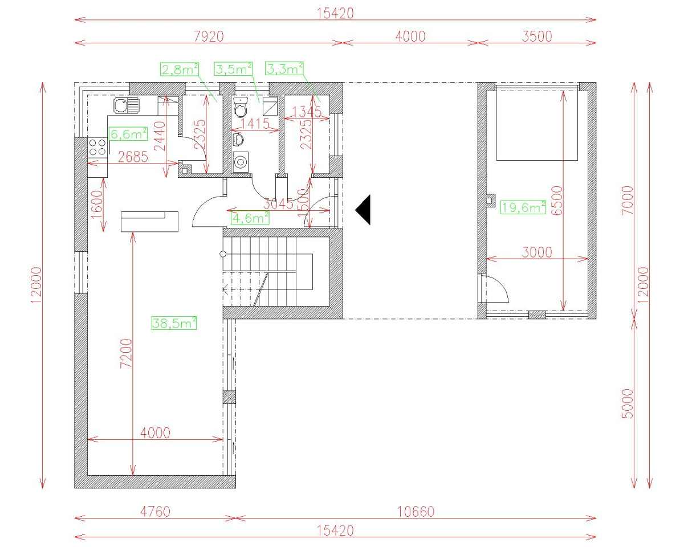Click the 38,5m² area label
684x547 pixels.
[x=174, y=323]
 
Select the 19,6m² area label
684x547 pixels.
[x=523, y=207]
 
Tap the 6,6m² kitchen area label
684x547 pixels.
[x=128, y=134]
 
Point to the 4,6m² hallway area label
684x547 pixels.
[x=250, y=217]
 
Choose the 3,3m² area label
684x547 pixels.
[x=284, y=69]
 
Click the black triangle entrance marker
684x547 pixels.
[x=364, y=210]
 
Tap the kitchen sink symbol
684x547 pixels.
[x=126, y=105]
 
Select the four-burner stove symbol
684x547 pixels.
[x=97, y=146]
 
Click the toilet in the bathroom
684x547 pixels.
[x=241, y=108]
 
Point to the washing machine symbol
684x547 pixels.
[x=241, y=162]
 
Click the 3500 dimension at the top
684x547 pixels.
[x=537, y=36]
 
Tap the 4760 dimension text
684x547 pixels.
[x=154, y=511]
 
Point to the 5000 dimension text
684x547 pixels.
[x=627, y=403]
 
